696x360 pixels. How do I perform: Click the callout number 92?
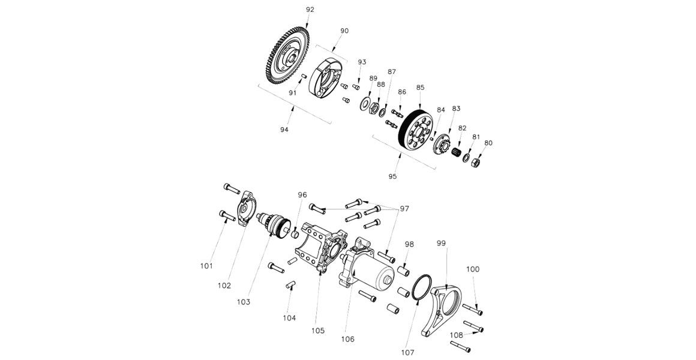pyautogui.click(x=310, y=10)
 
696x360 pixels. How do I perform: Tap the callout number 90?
pyautogui.click(x=344, y=31)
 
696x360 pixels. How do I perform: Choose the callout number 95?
pyautogui.click(x=392, y=176)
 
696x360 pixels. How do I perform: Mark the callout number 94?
pyautogui.click(x=284, y=130)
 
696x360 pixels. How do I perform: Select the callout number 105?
pyautogui.click(x=317, y=331)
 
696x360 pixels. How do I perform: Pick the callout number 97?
pyautogui.click(x=404, y=208)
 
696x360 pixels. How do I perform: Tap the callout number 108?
pyautogui.click(x=455, y=335)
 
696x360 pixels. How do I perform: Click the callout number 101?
pyautogui.click(x=207, y=265)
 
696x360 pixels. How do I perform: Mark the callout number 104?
pyautogui.click(x=290, y=317)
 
